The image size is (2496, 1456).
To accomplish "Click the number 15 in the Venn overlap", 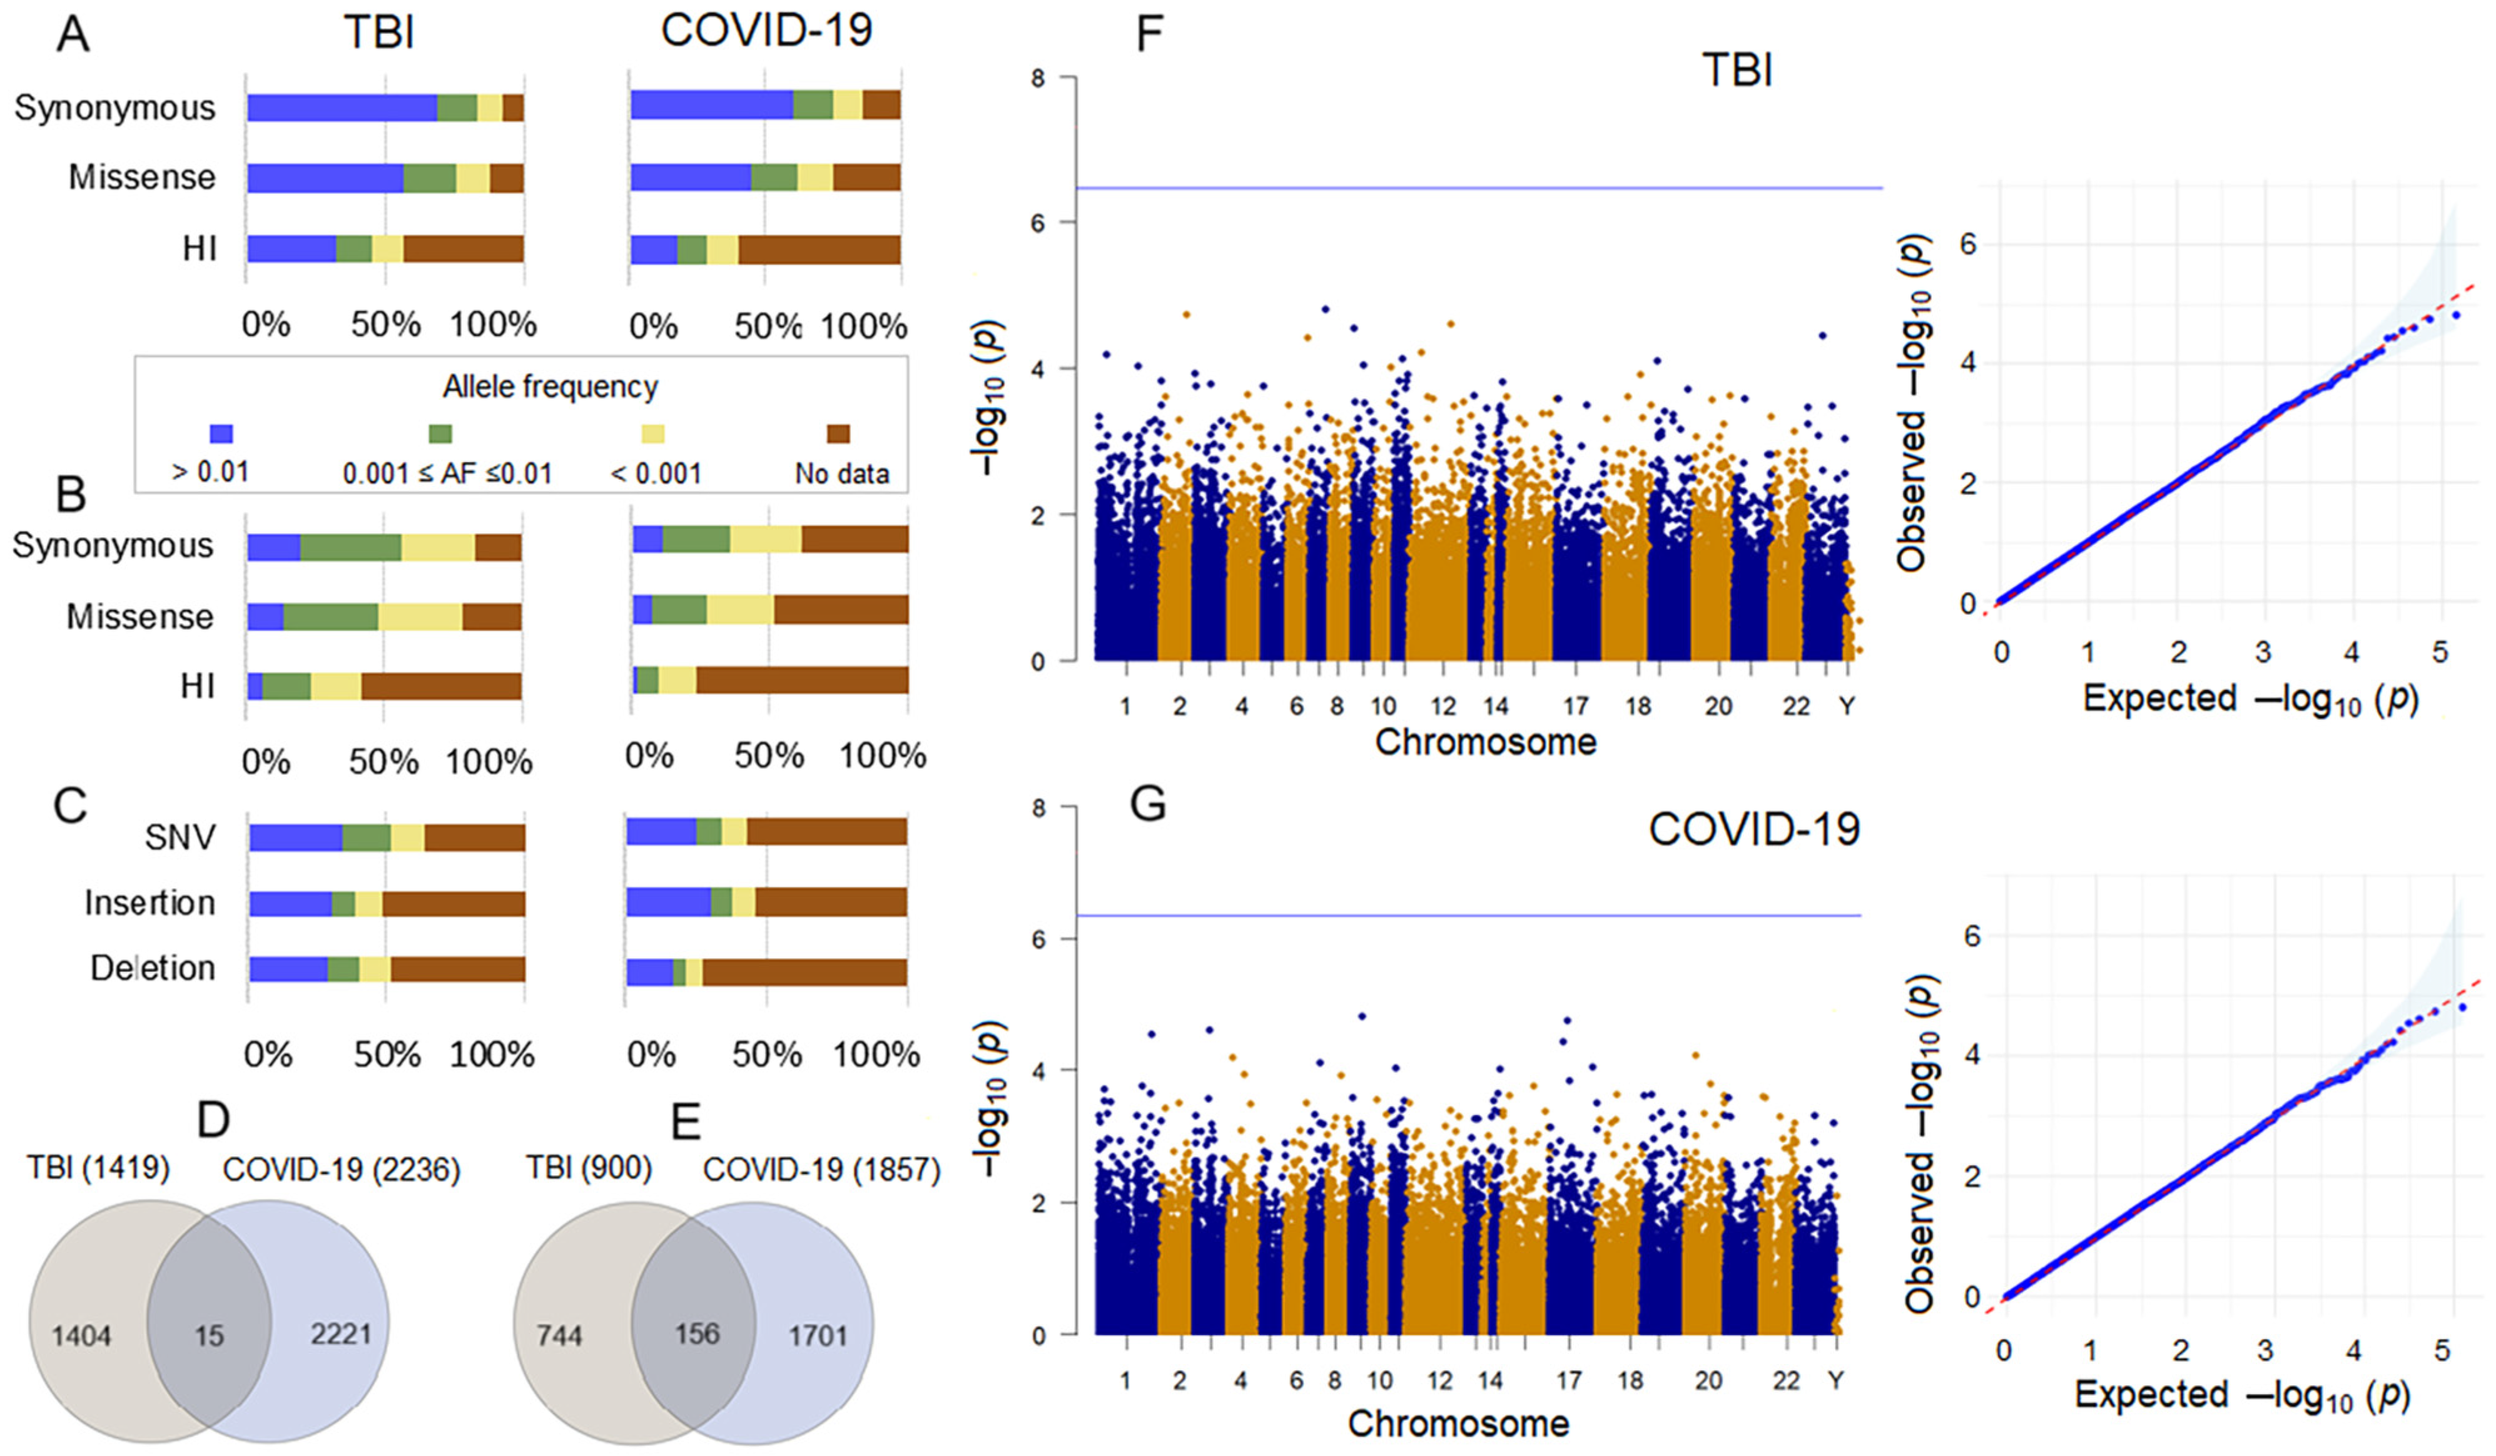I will point(209,1335).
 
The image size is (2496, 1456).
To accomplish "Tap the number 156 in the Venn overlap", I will point(696,1333).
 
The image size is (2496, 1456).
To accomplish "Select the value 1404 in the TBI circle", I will point(81,1336).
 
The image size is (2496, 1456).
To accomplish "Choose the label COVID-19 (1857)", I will point(821,1170).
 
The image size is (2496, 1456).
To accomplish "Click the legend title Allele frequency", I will point(550,387).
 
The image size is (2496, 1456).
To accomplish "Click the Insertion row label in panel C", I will point(150,902).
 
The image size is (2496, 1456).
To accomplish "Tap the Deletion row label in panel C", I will point(153,968).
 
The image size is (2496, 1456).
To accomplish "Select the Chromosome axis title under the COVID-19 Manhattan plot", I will point(1458,1423).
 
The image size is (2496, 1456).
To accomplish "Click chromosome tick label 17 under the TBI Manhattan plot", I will point(1576,706).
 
